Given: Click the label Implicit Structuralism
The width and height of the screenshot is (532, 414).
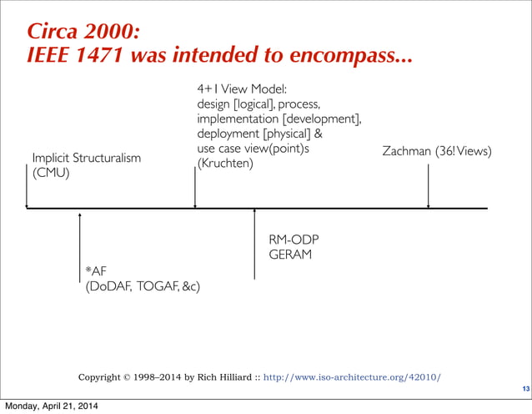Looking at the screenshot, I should (86, 158).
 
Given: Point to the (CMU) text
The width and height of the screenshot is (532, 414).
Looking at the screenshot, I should (51, 174).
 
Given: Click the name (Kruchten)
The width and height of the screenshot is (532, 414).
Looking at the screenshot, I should (225, 164).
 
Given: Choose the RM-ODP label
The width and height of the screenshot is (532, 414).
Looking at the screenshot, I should (294, 240).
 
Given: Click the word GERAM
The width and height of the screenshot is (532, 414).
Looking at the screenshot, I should (290, 254).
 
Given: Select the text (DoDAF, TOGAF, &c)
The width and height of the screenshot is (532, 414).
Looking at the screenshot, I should (143, 287).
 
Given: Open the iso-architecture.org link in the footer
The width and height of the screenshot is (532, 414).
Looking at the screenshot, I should (352, 377).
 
